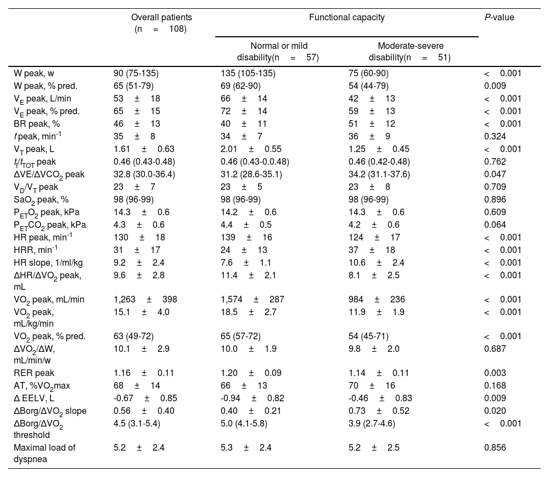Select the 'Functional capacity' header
[x=346, y=18]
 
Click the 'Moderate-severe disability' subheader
[x=411, y=52]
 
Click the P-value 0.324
[x=496, y=136]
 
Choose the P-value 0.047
[x=496, y=174]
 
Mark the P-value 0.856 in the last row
[x=496, y=448]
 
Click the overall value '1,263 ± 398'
[x=142, y=300]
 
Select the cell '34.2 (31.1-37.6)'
[x=379, y=174]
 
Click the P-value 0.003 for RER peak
[x=496, y=373]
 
